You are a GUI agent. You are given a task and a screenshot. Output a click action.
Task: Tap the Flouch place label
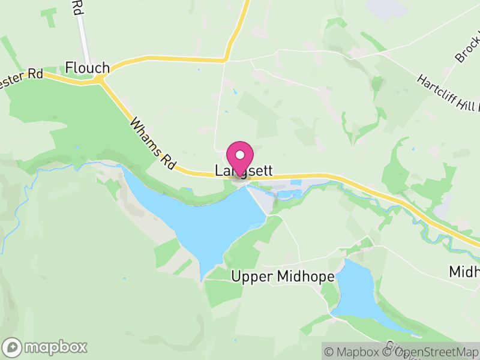(x=88, y=67)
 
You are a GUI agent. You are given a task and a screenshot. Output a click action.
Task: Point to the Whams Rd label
(x=151, y=143)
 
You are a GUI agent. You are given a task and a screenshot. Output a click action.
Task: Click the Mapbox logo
(x=46, y=347)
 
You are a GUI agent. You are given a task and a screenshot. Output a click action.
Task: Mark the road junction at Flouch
(x=102, y=79)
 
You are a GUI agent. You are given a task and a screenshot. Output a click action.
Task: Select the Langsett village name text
(x=244, y=171)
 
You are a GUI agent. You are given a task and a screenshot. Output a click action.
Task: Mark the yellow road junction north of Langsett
(x=226, y=59)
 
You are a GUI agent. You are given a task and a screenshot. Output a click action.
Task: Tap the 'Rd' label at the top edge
(x=76, y=7)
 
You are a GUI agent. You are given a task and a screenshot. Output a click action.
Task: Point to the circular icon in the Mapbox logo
(x=13, y=347)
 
